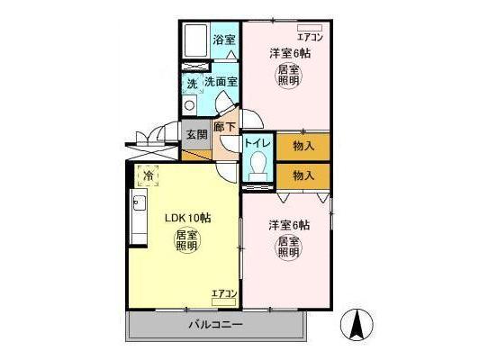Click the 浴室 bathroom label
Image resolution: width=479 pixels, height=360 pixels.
(224, 40)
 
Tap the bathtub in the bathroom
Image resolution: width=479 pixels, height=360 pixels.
(195, 40)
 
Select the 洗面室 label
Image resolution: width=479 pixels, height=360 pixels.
(221, 83)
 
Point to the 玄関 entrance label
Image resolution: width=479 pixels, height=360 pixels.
(196, 135)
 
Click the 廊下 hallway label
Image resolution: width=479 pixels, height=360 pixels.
(225, 129)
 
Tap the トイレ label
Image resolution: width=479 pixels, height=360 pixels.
(258, 142)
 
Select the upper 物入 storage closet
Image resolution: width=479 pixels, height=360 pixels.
(303, 144)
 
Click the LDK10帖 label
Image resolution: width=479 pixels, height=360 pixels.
(187, 219)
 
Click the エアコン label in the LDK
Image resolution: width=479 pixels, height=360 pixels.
(223, 293)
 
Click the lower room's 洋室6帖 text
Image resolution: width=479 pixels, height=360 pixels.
(290, 224)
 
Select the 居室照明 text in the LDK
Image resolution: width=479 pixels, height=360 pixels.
(186, 240)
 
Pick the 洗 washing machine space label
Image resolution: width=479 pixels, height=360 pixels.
(191, 84)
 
